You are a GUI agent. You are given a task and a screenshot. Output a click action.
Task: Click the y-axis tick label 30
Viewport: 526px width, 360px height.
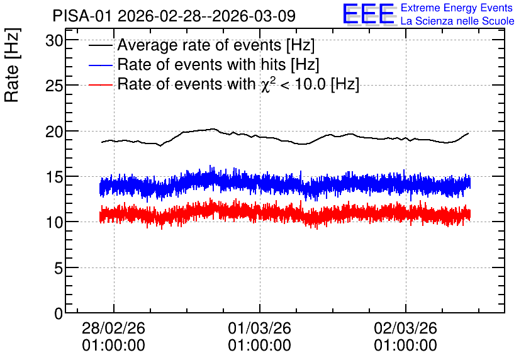[x=54, y=41]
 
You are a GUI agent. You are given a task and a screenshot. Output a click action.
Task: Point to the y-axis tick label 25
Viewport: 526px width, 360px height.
[x=54, y=86]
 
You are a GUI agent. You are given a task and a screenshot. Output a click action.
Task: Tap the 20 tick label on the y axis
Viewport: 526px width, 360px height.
[x=54, y=132]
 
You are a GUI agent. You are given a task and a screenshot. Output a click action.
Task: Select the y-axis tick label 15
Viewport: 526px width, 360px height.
[x=54, y=177]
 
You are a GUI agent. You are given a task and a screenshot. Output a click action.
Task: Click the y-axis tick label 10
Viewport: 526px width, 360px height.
[x=54, y=222]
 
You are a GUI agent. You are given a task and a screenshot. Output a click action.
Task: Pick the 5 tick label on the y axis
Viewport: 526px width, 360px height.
[x=59, y=268]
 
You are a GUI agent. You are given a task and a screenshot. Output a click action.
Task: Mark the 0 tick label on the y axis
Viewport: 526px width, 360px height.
[x=59, y=313]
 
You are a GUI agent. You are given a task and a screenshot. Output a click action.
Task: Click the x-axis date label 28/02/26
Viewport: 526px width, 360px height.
[x=113, y=328]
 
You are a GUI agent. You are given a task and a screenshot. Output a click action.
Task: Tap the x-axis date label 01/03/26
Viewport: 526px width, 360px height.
[x=259, y=328]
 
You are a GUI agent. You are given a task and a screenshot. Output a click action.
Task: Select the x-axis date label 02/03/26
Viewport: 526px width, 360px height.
[x=406, y=328]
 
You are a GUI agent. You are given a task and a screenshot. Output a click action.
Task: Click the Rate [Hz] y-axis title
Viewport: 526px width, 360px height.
[x=12, y=65]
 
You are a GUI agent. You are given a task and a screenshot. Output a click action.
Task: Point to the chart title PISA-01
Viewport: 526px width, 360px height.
[x=82, y=16]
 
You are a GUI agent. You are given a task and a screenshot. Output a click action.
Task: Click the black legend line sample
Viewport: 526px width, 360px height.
[x=100, y=45]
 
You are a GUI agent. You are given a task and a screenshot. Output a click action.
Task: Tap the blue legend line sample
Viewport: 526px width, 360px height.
[x=100, y=65]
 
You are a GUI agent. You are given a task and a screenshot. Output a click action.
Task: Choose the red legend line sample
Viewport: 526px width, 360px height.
[x=100, y=84]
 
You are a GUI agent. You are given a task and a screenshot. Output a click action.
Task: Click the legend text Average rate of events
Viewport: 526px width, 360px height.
[x=199, y=45]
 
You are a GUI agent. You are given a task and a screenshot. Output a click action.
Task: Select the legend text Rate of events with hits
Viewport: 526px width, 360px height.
[x=201, y=64]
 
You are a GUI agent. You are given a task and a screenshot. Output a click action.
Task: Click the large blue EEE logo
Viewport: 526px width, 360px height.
[x=369, y=14]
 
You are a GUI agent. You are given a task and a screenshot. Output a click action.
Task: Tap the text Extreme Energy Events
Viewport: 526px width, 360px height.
[x=457, y=8]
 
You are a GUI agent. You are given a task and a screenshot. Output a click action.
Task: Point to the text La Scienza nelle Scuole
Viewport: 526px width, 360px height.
[x=457, y=21]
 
